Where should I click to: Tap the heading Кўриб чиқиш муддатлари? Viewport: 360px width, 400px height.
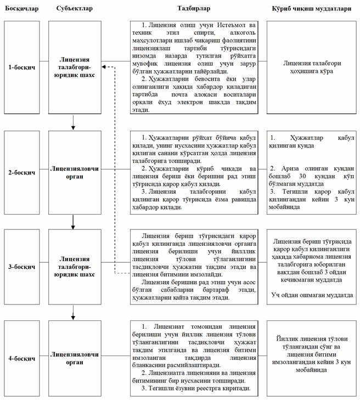tap(312, 8)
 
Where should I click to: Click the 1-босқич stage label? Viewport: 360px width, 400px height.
tap(22, 67)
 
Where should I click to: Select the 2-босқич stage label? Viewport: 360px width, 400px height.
tap(22, 172)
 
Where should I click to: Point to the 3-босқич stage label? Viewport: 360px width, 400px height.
tap(22, 267)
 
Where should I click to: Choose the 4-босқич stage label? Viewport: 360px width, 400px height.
tap(22, 358)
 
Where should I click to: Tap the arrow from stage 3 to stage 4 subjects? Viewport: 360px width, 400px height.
tap(73, 314)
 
